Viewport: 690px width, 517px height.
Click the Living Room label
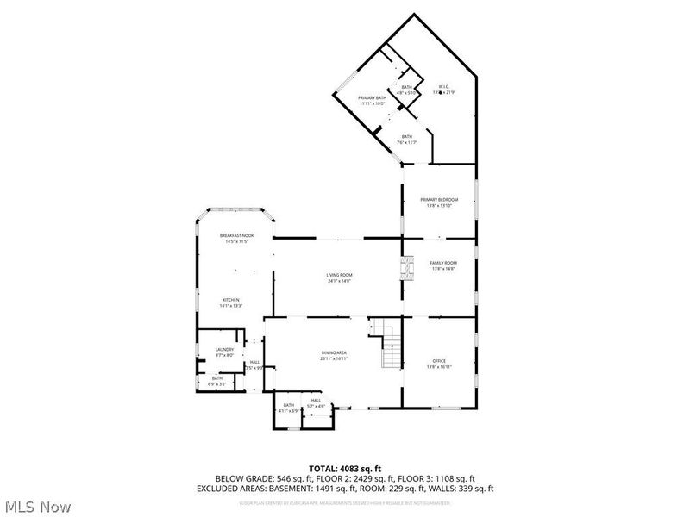pyautogui.click(x=340, y=275)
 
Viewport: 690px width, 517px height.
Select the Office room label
pyautogui.click(x=439, y=360)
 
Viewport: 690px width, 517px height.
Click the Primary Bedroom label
pyautogui.click(x=439, y=199)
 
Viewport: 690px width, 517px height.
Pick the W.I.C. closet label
pyautogui.click(x=443, y=86)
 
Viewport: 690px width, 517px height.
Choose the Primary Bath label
pyautogui.click(x=372, y=98)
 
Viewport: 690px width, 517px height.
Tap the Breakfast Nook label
pyautogui.click(x=235, y=235)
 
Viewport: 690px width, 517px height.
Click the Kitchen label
pyautogui.click(x=230, y=300)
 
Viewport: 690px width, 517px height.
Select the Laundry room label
pyautogui.click(x=224, y=349)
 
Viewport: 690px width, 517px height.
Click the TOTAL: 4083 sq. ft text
pyautogui.click(x=345, y=469)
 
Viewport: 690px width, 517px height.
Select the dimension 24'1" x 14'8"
pyautogui.click(x=340, y=281)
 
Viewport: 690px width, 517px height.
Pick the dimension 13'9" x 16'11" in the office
pyautogui.click(x=439, y=366)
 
